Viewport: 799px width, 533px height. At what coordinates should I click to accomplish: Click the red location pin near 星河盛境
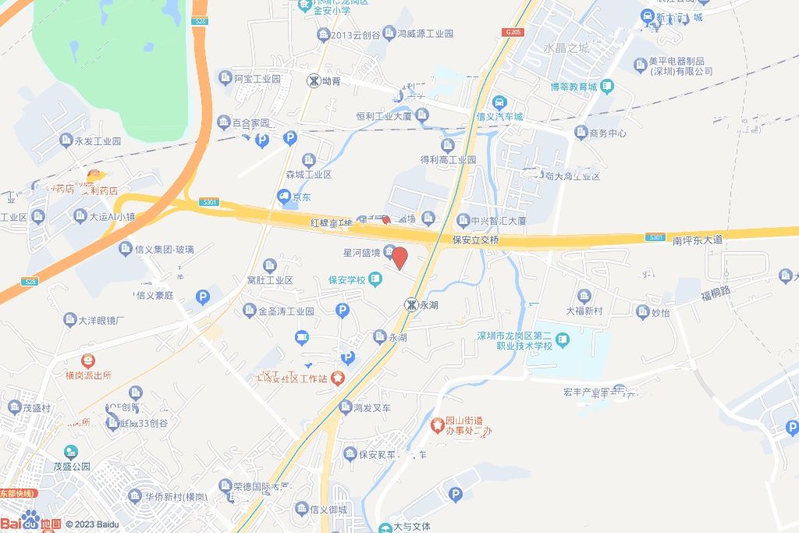click(x=399, y=258)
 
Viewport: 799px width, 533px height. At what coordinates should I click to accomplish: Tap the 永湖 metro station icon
click(x=410, y=304)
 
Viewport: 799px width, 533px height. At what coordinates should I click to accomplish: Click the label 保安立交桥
click(x=475, y=240)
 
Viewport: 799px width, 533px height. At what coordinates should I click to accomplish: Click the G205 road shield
click(x=513, y=32)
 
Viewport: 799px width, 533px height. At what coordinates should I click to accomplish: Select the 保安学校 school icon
click(x=375, y=279)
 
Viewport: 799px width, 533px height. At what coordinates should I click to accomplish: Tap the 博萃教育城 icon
click(x=606, y=87)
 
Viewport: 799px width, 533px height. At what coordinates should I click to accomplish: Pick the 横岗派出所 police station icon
click(x=89, y=361)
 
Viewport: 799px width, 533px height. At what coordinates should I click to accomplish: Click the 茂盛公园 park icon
click(x=71, y=452)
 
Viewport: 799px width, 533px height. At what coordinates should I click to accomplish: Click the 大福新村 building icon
click(x=584, y=296)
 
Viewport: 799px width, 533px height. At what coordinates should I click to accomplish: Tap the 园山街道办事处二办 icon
click(x=439, y=425)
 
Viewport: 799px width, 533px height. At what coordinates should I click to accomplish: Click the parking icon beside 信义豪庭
click(x=203, y=297)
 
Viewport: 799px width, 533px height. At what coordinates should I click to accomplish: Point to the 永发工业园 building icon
click(x=66, y=140)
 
